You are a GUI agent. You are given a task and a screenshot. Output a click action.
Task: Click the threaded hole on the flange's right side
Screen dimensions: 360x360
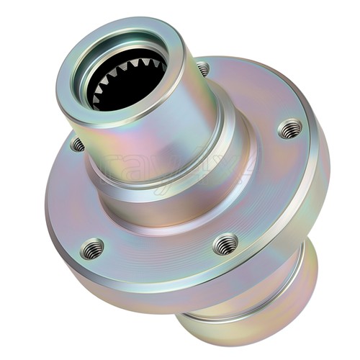click(289, 129)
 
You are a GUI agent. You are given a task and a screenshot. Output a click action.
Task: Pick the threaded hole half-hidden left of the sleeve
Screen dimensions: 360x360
click(78, 145)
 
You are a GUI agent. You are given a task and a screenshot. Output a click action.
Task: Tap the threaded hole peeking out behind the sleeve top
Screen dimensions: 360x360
click(204, 69)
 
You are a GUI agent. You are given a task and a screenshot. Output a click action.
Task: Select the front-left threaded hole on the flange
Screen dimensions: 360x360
click(92, 249)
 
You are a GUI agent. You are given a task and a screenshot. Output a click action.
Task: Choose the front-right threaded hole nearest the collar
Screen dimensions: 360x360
click(226, 243)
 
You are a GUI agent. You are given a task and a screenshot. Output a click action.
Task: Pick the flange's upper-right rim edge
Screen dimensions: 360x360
click(302, 94)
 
